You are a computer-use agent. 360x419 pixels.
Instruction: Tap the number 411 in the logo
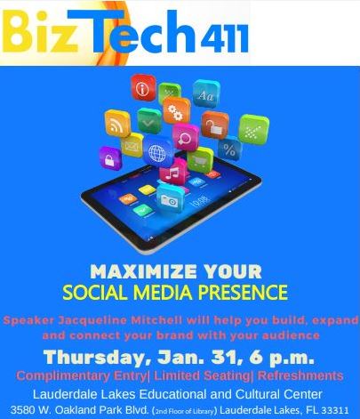[224, 39]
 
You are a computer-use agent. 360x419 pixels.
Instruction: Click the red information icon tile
[143, 88]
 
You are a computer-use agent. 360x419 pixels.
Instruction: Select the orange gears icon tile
[176, 110]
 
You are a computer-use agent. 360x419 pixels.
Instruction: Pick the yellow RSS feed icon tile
[117, 124]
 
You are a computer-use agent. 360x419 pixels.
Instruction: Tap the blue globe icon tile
[158, 151]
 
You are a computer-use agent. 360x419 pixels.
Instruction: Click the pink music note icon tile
[173, 172]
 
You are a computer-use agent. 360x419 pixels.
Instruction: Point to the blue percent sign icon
[229, 149]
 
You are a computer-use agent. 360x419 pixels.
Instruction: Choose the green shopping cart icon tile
[200, 160]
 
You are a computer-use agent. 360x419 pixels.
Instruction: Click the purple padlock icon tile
[110, 158]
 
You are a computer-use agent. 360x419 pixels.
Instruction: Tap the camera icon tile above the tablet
[171, 199]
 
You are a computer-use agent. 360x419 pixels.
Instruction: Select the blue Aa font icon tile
[206, 93]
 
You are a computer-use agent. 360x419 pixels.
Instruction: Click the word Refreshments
[300, 375]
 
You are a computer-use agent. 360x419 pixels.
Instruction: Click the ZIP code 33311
[335, 410]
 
